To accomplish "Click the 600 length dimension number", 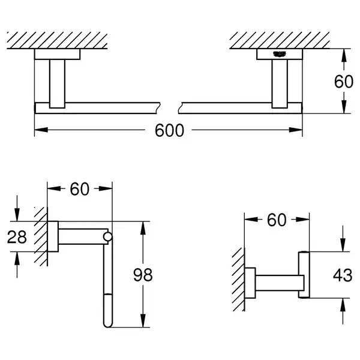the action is pyautogui.click(x=169, y=130).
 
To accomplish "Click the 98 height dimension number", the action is pyautogui.click(x=143, y=275).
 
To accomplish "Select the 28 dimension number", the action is pyautogui.click(x=17, y=237).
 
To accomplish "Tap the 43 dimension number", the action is pyautogui.click(x=343, y=275).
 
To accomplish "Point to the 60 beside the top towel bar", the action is pyautogui.click(x=343, y=81).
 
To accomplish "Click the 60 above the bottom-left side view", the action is pyautogui.click(x=79, y=189).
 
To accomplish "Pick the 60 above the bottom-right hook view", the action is pyautogui.click(x=277, y=220).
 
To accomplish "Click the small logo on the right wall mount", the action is pyautogui.click(x=280, y=54).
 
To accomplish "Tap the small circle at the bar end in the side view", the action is pyautogui.click(x=107, y=237).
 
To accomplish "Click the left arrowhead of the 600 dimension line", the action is pyautogui.click(x=41, y=130).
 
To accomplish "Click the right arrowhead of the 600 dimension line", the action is pyautogui.click(x=296, y=130).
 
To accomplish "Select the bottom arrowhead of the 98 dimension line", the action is pyautogui.click(x=143, y=320).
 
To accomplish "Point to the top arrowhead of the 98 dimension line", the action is pyautogui.click(x=143, y=228).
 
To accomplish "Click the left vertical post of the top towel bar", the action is pyautogui.click(x=57, y=84).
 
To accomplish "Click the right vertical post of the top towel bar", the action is pyautogui.click(x=280, y=84).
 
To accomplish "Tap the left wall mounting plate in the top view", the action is pyautogui.click(x=57, y=54).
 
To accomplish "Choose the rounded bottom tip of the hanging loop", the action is pyautogui.click(x=107, y=326).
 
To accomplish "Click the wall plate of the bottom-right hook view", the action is pyautogui.click(x=250, y=283).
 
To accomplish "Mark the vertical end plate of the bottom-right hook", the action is pyautogui.click(x=304, y=275).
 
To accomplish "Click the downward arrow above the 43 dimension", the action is pyautogui.click(x=343, y=239).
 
